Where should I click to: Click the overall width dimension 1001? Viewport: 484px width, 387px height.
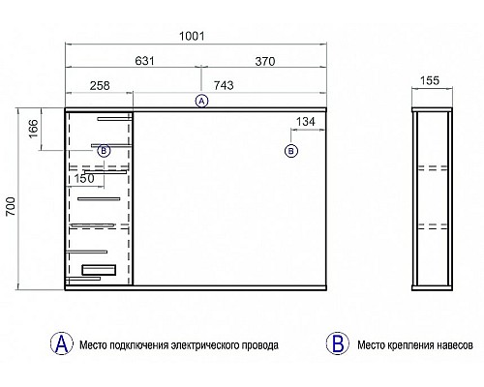point(192,36)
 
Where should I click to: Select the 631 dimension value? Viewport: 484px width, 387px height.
point(145,61)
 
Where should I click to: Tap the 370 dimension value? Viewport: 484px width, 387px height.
point(265,61)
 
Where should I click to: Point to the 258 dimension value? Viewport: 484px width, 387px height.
point(100,85)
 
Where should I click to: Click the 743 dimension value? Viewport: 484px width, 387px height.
point(224,85)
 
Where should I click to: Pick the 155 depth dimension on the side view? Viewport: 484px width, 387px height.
point(430,80)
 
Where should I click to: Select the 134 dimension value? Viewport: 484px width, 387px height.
point(306,122)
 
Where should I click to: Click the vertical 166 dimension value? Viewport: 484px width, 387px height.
point(33,129)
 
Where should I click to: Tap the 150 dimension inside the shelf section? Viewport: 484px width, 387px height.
point(84,178)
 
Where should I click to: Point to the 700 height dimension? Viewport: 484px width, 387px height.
point(11,206)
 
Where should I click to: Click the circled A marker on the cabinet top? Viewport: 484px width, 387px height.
point(201,101)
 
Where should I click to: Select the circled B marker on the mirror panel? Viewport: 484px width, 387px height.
point(291,151)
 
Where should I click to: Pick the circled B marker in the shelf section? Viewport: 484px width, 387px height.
point(104,151)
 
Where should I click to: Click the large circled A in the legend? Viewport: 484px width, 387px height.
point(62,343)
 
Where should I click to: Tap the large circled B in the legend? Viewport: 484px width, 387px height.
point(338,343)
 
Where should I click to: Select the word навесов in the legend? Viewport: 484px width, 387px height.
point(455,345)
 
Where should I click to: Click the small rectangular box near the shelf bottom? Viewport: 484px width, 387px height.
point(99,270)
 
